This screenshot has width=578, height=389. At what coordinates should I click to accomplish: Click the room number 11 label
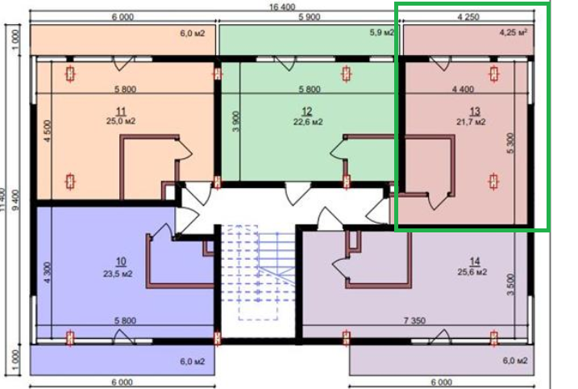click(120, 111)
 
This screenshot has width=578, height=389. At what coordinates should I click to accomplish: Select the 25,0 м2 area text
click(120, 121)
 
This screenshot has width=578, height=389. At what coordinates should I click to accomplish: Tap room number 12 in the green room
click(307, 111)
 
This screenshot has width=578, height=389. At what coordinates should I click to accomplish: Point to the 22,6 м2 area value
click(307, 122)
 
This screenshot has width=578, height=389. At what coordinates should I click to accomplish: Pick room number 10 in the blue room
click(120, 261)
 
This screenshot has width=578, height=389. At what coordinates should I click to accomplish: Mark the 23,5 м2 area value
click(120, 273)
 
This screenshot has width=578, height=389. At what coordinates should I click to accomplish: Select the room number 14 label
click(473, 260)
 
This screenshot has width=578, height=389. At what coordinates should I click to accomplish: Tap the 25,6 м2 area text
click(473, 271)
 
